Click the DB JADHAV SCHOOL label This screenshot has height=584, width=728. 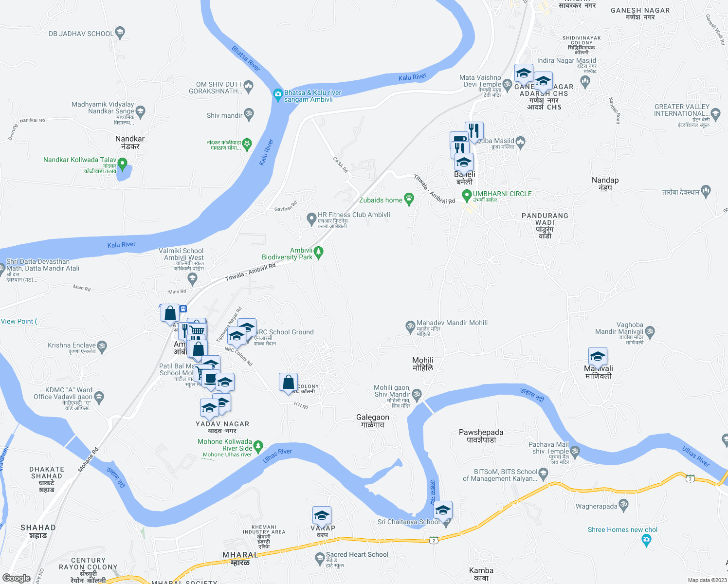81,34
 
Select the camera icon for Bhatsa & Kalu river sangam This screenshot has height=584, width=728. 278,93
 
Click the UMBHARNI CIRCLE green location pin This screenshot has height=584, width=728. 466,196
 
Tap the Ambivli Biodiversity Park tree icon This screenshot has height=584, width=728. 318,252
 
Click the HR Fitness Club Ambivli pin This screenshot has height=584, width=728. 311,219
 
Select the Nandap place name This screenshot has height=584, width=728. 605,181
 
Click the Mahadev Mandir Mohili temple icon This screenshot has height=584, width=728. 410,326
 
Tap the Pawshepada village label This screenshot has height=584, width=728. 481,433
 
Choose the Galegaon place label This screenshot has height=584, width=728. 373,418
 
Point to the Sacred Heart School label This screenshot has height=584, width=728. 357,554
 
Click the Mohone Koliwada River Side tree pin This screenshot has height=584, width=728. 258,445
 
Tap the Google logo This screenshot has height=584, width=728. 16,578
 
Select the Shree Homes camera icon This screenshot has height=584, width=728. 646,539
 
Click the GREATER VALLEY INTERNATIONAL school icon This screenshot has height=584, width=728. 715,114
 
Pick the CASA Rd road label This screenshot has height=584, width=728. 341,164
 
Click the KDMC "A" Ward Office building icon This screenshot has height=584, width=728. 99,397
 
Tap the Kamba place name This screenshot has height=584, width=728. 481,570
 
